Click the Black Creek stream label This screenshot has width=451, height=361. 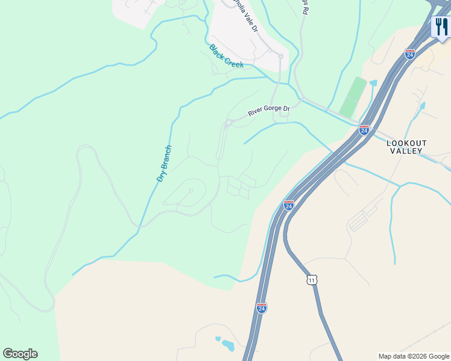click(x=226, y=55)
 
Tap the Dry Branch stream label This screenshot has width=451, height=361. click(x=164, y=164)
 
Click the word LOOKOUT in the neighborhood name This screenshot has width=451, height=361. click(x=406, y=143)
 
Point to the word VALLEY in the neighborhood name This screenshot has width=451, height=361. click(x=406, y=151)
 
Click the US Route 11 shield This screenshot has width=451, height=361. click(x=311, y=280)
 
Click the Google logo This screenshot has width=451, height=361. click(x=20, y=354)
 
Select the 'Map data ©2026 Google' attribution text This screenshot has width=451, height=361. click(x=414, y=356)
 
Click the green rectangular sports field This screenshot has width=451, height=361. click(x=353, y=97)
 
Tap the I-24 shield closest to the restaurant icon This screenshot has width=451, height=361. click(x=410, y=54)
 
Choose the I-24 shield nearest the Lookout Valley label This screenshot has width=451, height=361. click(x=364, y=129)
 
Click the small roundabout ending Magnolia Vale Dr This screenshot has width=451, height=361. click(x=280, y=56)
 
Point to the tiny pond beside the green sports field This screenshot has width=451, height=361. click(x=373, y=82)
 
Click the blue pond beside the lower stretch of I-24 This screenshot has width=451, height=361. click(x=227, y=345)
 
